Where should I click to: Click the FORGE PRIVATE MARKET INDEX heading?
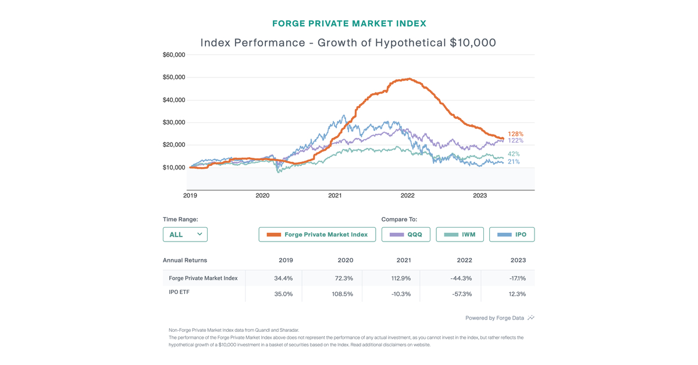click(349, 24)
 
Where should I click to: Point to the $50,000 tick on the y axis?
click(174, 77)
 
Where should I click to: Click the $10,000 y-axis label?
click(174, 168)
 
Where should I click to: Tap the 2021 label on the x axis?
click(335, 196)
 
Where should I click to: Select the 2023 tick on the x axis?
click(480, 196)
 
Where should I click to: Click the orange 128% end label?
click(515, 134)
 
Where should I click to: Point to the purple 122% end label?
click(515, 141)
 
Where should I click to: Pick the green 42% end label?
click(514, 154)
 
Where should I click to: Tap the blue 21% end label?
click(514, 162)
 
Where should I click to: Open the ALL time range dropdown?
click(185, 235)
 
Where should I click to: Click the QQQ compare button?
click(406, 235)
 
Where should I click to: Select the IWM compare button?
click(460, 235)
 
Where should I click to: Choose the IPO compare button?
click(512, 235)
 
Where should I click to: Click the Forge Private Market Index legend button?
click(317, 235)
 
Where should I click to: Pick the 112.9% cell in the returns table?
click(401, 278)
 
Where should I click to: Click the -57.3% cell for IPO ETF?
click(462, 294)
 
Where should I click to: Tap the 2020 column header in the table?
click(345, 260)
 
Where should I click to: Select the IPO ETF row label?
click(179, 292)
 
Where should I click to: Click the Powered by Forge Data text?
click(494, 318)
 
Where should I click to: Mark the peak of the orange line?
click(409, 79)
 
